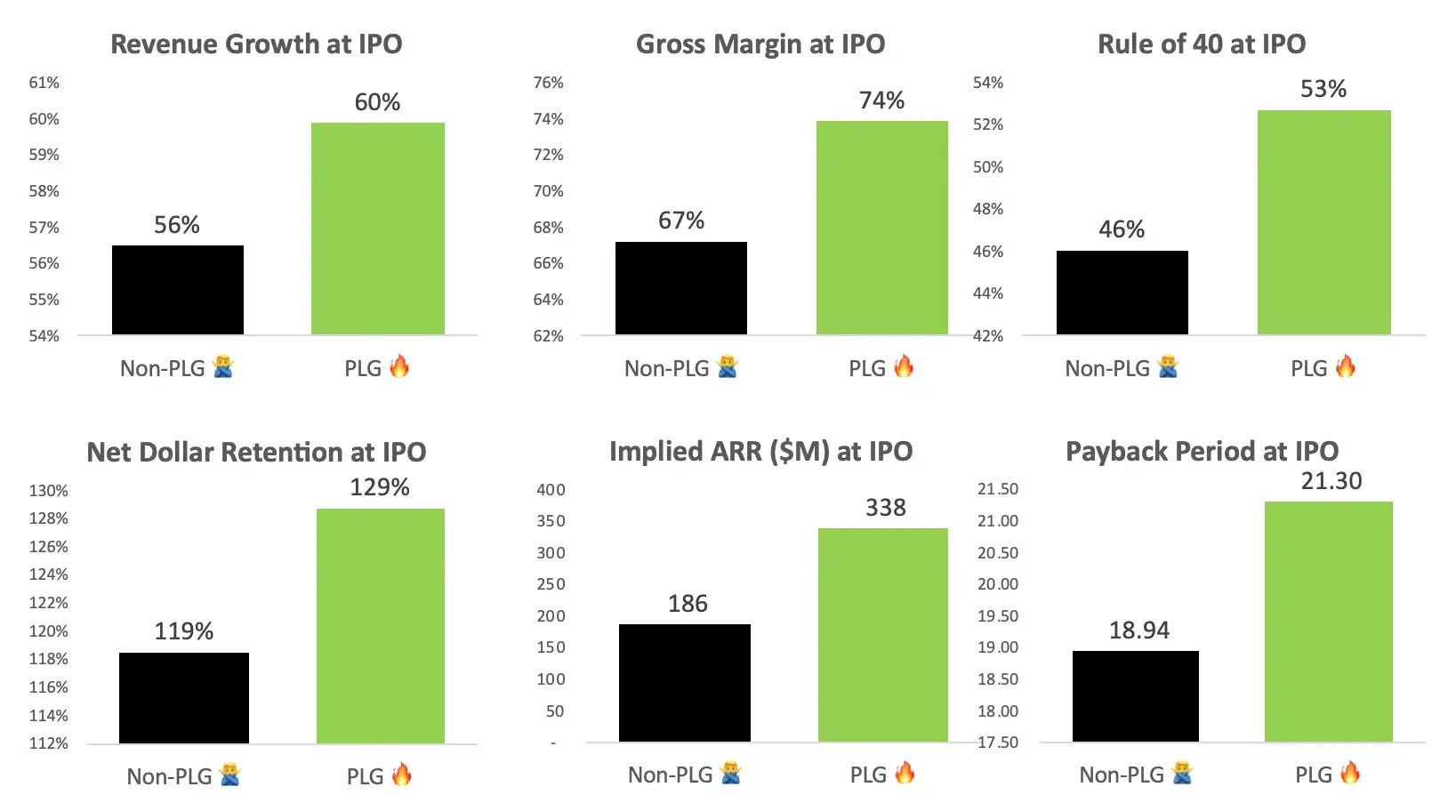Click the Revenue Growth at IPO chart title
click(256, 44)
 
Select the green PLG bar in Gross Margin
click(881, 228)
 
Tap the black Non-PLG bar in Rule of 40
click(1122, 293)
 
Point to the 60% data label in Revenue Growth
click(377, 102)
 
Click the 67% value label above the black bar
click(681, 221)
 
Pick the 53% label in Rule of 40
click(1323, 89)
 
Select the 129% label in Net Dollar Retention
click(380, 487)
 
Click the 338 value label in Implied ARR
click(886, 508)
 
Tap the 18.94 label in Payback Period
click(1138, 630)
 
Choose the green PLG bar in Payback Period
click(1328, 622)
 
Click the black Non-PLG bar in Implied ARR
click(684, 683)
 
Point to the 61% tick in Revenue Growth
click(44, 83)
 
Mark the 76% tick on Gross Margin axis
click(548, 83)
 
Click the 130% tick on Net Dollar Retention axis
click(48, 491)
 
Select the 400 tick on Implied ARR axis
click(551, 490)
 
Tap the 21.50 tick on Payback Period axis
click(998, 489)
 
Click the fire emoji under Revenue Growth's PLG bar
click(399, 366)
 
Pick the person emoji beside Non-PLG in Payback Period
click(1182, 774)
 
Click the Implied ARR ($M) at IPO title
click(760, 452)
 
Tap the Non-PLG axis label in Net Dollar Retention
click(169, 776)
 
